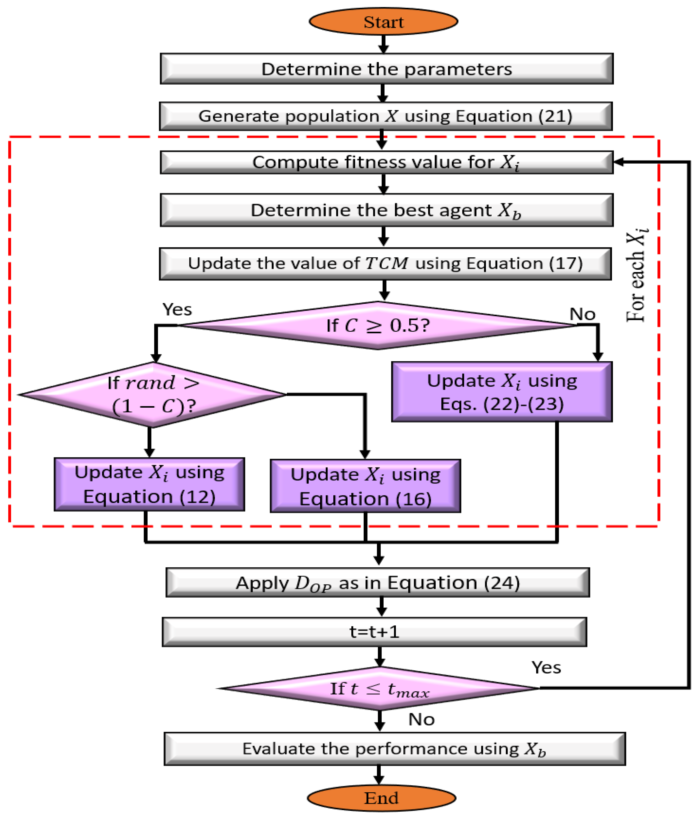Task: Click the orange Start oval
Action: tap(383, 22)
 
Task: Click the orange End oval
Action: tap(381, 798)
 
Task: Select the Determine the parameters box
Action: tap(387, 69)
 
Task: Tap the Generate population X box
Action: tap(386, 116)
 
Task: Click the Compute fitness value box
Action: tap(387, 162)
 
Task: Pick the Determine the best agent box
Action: tap(387, 210)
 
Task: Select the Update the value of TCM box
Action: tap(385, 263)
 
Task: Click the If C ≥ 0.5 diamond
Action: tap(377, 325)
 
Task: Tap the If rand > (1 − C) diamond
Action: tap(152, 395)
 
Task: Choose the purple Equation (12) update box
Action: tap(149, 484)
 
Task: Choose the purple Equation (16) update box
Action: tap(365, 486)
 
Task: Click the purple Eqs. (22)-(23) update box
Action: tap(502, 392)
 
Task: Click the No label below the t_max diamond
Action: tap(421, 719)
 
